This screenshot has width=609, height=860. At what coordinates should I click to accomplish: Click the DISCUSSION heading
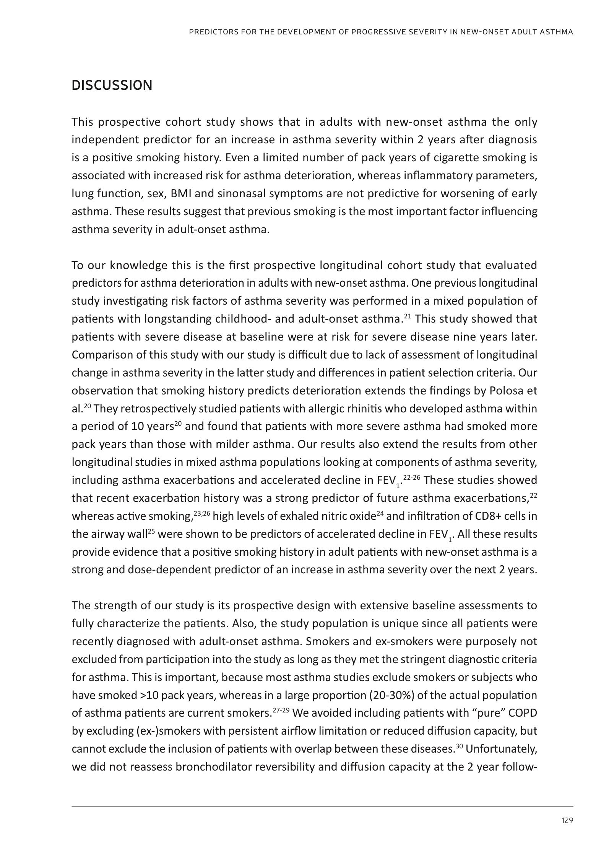(x=112, y=85)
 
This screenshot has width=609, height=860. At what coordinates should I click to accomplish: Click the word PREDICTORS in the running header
(x=211, y=32)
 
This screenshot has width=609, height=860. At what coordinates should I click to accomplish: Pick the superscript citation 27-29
(x=281, y=710)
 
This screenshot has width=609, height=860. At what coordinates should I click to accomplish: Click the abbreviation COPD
(x=524, y=713)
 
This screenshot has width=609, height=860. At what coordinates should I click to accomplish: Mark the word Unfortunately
(x=501, y=749)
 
